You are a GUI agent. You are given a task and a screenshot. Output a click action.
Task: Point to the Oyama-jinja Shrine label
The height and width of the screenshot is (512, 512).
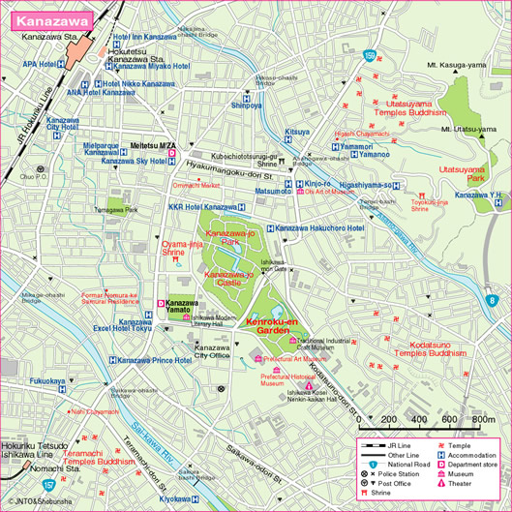tap(181, 250)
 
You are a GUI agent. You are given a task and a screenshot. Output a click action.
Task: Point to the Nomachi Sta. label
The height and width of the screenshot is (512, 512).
tap(30, 468)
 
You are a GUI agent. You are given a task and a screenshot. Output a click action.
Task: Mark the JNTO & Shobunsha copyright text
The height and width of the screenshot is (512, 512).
tap(40, 502)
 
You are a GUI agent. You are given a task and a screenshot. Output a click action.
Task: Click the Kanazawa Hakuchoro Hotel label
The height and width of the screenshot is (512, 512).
tap(316, 227)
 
